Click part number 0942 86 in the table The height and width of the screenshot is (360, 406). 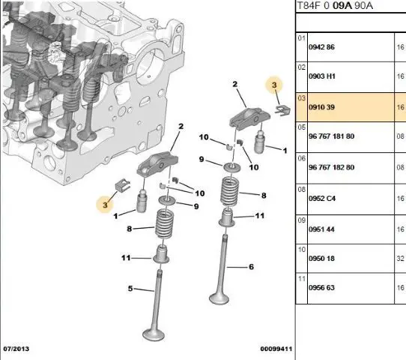point(321,47)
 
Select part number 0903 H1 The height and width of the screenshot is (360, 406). point(322,76)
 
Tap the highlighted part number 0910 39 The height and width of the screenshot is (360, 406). point(321,107)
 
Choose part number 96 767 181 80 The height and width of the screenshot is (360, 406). point(331,136)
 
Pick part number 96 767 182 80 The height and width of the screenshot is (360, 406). point(331,167)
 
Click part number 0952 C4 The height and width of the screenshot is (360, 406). point(322,199)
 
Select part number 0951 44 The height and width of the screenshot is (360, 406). point(321,229)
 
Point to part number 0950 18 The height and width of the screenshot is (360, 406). point(321,259)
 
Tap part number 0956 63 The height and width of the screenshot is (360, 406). point(321,287)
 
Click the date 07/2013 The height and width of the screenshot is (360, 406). point(16,349)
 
